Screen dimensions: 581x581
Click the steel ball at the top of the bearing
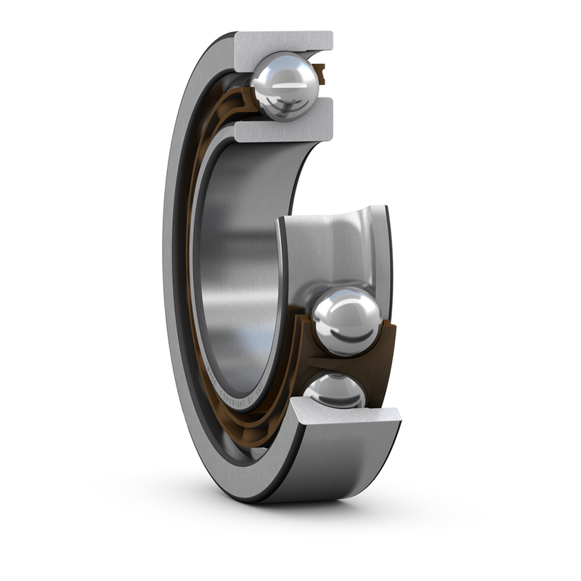click(x=285, y=86)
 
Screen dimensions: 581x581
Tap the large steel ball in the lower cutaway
click(x=346, y=320)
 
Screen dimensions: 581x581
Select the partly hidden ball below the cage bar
click(x=336, y=391)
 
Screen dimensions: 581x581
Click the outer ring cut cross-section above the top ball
click(x=283, y=42)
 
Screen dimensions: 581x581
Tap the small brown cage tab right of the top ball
click(x=320, y=72)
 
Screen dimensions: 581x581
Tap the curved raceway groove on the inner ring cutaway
click(x=334, y=247)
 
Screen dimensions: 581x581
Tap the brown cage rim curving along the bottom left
click(x=218, y=407)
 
